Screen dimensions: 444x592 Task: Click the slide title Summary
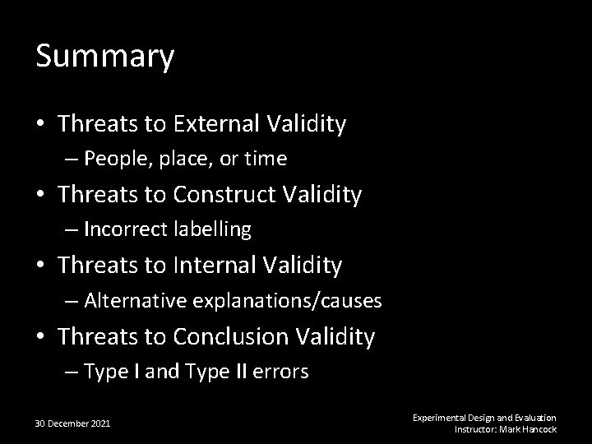[105, 57]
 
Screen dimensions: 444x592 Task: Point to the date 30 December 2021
[73, 423]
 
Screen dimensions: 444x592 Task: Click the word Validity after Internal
[304, 266]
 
